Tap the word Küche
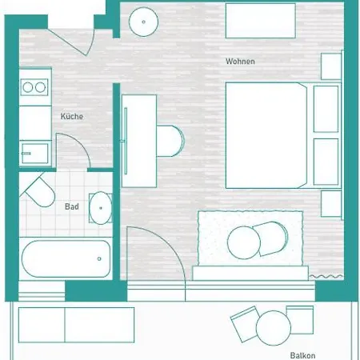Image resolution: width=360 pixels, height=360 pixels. (72, 117)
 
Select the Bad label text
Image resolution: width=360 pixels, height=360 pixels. (71, 206)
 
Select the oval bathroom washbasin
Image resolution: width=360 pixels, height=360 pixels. (100, 207)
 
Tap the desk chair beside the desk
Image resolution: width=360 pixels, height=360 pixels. (170, 142)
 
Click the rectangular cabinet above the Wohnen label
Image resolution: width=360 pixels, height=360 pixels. (261, 21)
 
